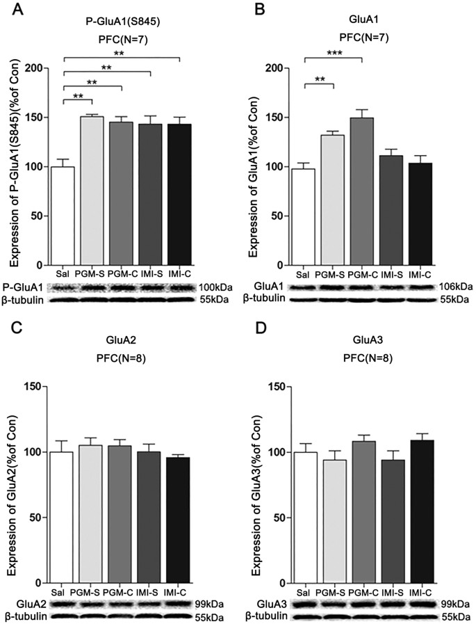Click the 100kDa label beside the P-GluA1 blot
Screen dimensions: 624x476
click(x=216, y=286)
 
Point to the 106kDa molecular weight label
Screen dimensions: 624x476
click(x=456, y=286)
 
